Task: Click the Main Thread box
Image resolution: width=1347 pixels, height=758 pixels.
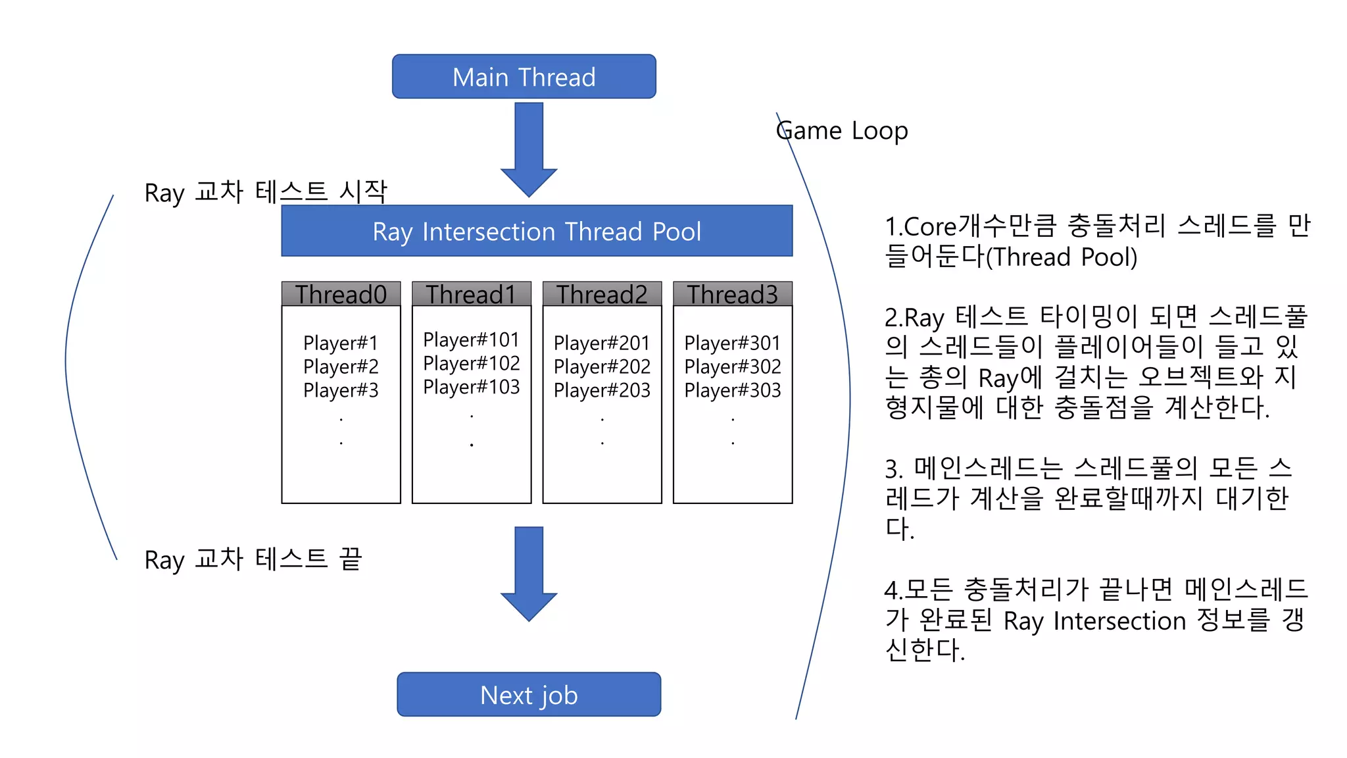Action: (524, 77)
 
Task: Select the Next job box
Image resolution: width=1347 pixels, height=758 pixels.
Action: (529, 695)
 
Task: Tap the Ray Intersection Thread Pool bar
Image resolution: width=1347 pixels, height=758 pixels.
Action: (537, 232)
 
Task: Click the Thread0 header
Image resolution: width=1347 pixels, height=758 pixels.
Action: (341, 294)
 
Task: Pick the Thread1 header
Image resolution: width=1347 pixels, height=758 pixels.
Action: (471, 294)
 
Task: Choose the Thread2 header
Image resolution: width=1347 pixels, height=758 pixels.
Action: (602, 294)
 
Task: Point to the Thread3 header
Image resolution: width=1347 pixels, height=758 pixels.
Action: (732, 294)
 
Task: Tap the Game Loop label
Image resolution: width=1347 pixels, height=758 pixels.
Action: (842, 131)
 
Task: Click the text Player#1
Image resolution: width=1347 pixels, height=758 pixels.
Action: (341, 343)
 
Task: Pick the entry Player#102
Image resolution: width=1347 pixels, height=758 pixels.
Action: (471, 363)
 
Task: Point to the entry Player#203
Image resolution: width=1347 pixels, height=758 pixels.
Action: (602, 390)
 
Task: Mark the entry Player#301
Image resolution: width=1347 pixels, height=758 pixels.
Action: (732, 343)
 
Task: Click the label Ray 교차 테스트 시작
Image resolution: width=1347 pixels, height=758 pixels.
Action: (266, 192)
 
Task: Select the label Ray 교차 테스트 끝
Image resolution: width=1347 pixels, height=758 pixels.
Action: (253, 559)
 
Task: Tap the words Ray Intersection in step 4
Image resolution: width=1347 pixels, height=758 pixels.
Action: (1094, 620)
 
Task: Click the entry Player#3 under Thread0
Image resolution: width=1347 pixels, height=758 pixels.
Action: (341, 390)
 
